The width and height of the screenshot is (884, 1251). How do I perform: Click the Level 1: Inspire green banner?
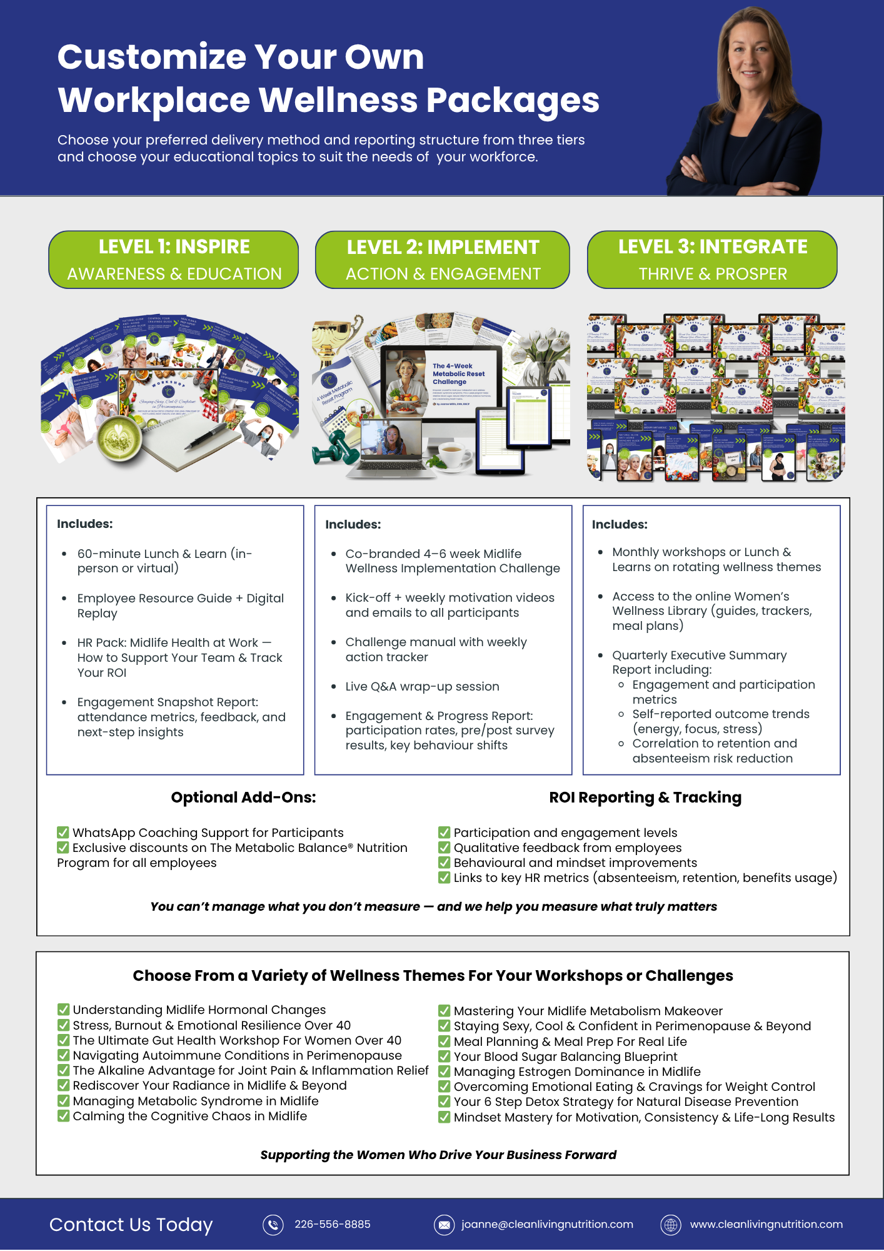pyautogui.click(x=174, y=260)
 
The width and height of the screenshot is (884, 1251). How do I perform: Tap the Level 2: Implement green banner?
pyautogui.click(x=443, y=260)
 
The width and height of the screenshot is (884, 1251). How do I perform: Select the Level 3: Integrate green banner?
pyautogui.click(x=712, y=260)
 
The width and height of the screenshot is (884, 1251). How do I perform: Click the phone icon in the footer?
pyautogui.click(x=273, y=1225)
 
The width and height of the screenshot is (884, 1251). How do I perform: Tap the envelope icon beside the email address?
pyautogui.click(x=444, y=1225)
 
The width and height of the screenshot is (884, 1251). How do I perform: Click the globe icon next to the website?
pyautogui.click(x=671, y=1225)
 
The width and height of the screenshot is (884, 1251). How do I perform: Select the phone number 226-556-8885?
pyautogui.click(x=333, y=1224)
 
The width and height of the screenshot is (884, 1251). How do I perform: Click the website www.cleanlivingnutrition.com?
pyautogui.click(x=766, y=1224)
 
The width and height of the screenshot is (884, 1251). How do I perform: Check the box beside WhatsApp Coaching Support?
pyautogui.click(x=63, y=833)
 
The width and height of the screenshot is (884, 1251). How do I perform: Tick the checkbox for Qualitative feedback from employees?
pyautogui.click(x=445, y=848)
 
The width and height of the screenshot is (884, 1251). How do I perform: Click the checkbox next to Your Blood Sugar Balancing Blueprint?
pyautogui.click(x=445, y=1056)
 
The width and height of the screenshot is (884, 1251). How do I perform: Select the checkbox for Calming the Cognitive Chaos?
pyautogui.click(x=63, y=1116)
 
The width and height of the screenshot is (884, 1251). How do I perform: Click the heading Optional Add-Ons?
pyautogui.click(x=243, y=798)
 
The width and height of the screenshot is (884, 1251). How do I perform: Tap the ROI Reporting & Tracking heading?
pyautogui.click(x=645, y=798)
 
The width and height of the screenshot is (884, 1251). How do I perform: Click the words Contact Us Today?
pyautogui.click(x=131, y=1224)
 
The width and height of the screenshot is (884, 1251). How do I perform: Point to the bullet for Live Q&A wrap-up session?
pyautogui.click(x=334, y=687)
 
